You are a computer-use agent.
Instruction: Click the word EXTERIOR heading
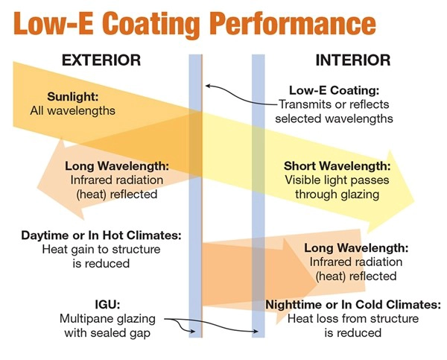point(101,60)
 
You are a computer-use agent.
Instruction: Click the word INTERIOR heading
point(353,60)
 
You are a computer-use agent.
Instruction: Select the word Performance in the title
point(294,25)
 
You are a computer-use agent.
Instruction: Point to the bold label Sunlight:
point(73,96)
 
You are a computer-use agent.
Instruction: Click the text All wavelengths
point(73,110)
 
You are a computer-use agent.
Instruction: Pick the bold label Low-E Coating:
point(334,90)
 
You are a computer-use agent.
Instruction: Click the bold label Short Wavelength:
point(337,165)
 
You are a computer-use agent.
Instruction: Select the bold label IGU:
point(107,304)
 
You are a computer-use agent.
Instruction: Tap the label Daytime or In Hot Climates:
point(101,236)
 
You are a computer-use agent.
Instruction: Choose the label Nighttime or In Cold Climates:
point(353,304)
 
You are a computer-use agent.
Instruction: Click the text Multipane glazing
point(107,319)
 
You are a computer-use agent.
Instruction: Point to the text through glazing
point(337,195)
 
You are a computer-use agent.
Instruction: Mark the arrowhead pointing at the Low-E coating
point(206,86)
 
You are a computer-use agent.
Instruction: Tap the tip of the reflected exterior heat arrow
point(37,187)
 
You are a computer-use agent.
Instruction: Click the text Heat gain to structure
point(101,250)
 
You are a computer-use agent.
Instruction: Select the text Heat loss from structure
point(353,319)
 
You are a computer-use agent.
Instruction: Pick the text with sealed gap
point(107,333)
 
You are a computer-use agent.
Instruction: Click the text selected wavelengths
point(334,119)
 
